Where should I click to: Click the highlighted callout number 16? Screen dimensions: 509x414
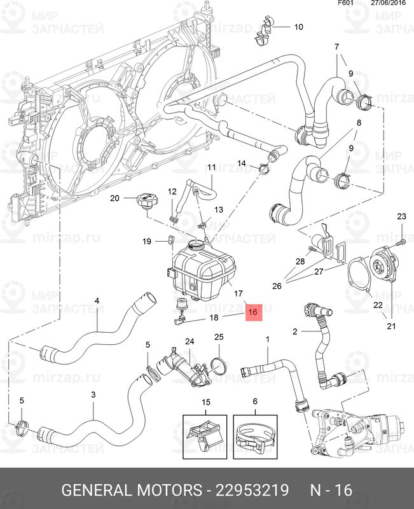[252, 312]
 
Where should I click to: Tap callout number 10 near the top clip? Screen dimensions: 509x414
[299, 27]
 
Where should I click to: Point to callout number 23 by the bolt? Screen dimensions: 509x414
[401, 218]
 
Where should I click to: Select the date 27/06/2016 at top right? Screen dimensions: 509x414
[389, 4]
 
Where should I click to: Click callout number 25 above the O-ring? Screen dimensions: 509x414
[219, 337]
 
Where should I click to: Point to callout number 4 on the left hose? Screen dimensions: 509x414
[97, 301]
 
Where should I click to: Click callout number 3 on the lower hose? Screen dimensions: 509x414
[93, 395]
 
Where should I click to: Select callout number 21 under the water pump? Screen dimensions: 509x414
[391, 326]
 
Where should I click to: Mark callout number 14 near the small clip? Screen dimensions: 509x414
[242, 164]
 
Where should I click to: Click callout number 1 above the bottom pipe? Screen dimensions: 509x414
[268, 339]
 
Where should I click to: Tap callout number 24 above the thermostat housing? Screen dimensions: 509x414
[189, 342]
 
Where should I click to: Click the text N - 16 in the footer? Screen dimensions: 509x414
[331, 491]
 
